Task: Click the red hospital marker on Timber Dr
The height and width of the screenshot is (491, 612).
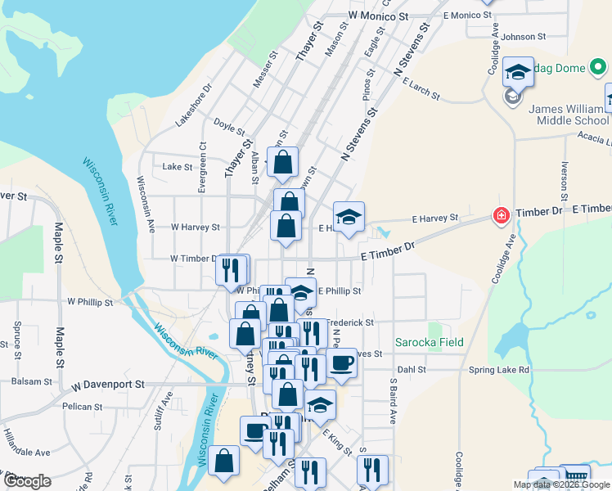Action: tap(499, 216)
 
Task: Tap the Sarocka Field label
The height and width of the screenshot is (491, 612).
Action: tap(430, 342)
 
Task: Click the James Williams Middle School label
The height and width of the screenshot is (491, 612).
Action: tap(569, 115)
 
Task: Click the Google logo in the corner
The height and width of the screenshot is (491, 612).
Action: tap(27, 481)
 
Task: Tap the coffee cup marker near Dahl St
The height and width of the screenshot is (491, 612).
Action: tap(342, 363)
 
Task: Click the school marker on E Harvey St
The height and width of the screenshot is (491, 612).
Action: tap(349, 218)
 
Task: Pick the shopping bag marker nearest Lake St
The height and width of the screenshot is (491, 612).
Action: tap(282, 163)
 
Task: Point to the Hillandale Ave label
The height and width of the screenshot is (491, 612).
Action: tap(26, 452)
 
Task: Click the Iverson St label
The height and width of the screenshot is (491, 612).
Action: tap(565, 182)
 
